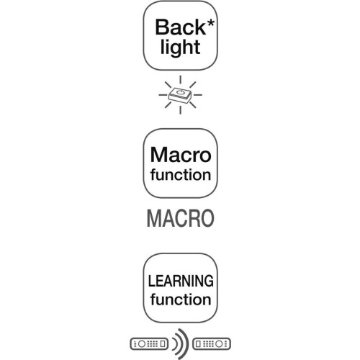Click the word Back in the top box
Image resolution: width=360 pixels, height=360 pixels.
pyautogui.click(x=180, y=27)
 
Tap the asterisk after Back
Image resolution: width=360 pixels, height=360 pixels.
pyautogui.click(x=210, y=23)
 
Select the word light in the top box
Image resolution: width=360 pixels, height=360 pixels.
pyautogui.click(x=180, y=48)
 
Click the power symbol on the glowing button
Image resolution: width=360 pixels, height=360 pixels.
pyautogui.click(x=180, y=91)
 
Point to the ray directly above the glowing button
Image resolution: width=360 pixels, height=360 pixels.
pyautogui.click(x=180, y=80)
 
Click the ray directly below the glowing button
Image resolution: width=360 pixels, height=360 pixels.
pyautogui.click(x=180, y=110)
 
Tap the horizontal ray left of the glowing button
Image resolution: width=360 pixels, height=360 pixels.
pyautogui.click(x=163, y=95)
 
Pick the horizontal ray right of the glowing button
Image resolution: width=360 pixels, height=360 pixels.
pyautogui.click(x=198, y=95)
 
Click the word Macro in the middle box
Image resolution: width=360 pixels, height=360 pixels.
pyautogui.click(x=181, y=155)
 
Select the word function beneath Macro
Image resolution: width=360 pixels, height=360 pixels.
pyautogui.click(x=181, y=174)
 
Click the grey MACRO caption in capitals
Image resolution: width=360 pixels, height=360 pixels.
pyautogui.click(x=180, y=218)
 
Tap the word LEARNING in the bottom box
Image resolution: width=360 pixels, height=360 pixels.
pyautogui.click(x=181, y=281)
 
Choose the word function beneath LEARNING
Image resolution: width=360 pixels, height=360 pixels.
pyautogui.click(x=181, y=300)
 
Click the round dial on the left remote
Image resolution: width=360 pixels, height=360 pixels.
pyautogui.click(x=142, y=344)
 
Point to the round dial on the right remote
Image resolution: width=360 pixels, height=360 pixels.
pyautogui.click(x=219, y=344)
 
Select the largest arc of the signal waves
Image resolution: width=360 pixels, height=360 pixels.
pyautogui.click(x=186, y=344)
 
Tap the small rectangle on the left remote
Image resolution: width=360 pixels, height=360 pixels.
pyautogui.click(x=163, y=344)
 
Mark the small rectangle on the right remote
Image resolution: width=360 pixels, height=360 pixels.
pyautogui.click(x=198, y=344)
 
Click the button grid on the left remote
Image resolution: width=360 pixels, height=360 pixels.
pyautogui.click(x=153, y=344)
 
